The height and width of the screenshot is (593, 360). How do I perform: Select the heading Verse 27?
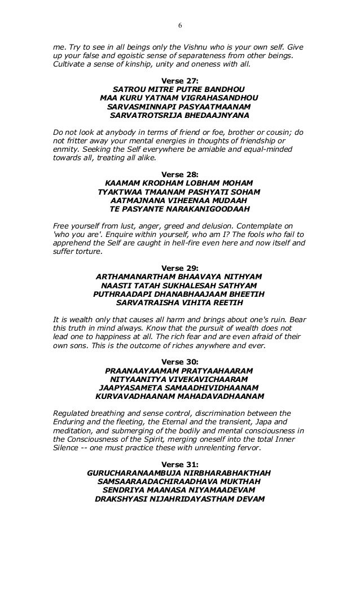(x=179, y=80)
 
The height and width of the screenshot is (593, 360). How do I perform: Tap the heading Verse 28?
(x=179, y=174)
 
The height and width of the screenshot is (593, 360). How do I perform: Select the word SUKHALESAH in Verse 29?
(x=192, y=285)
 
